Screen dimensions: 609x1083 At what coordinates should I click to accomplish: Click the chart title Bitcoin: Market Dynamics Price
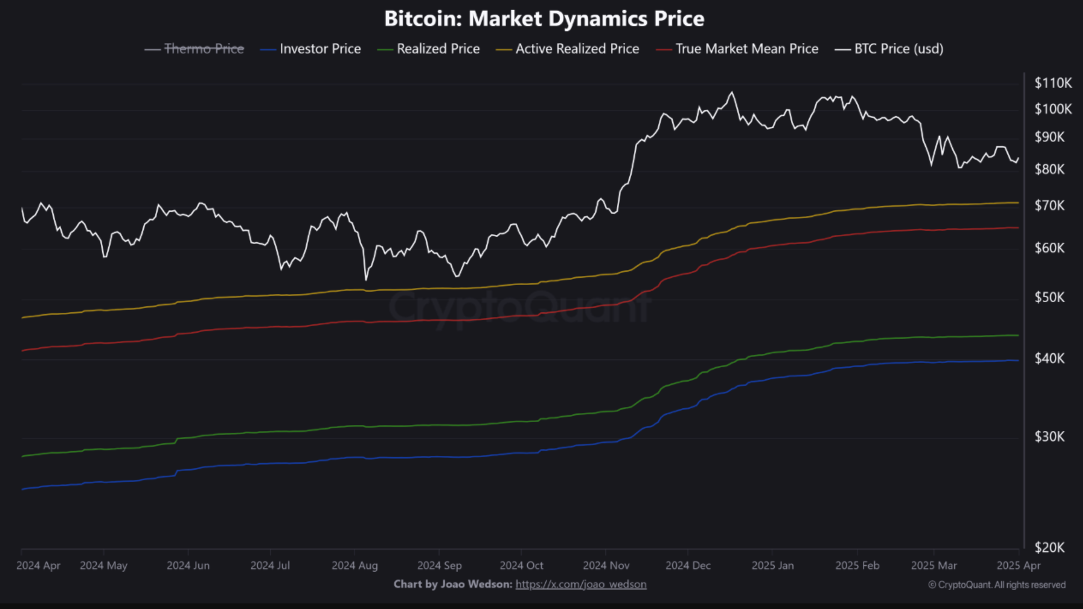click(x=544, y=19)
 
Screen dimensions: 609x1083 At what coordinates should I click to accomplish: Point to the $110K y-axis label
click(x=1053, y=83)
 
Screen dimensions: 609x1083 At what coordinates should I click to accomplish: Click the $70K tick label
click(x=1049, y=206)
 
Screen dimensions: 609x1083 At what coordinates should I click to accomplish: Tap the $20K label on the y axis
click(x=1049, y=547)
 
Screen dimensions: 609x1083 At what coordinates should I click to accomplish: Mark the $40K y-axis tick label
click(x=1049, y=358)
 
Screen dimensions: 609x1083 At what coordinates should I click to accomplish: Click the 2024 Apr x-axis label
click(x=38, y=565)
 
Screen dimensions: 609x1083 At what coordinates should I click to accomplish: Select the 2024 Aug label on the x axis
click(x=354, y=565)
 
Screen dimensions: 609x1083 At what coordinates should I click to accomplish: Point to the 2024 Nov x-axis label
click(x=606, y=565)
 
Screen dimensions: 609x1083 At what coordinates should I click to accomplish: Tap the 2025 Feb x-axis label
click(x=857, y=565)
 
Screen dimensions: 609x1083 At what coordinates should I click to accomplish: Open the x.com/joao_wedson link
click(x=581, y=584)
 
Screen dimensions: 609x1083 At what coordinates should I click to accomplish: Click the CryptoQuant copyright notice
click(x=996, y=585)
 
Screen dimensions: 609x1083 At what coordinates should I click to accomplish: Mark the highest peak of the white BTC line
click(x=732, y=93)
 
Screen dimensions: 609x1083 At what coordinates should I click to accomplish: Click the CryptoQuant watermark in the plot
click(x=519, y=306)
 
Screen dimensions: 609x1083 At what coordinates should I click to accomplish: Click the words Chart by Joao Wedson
click(x=452, y=584)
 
